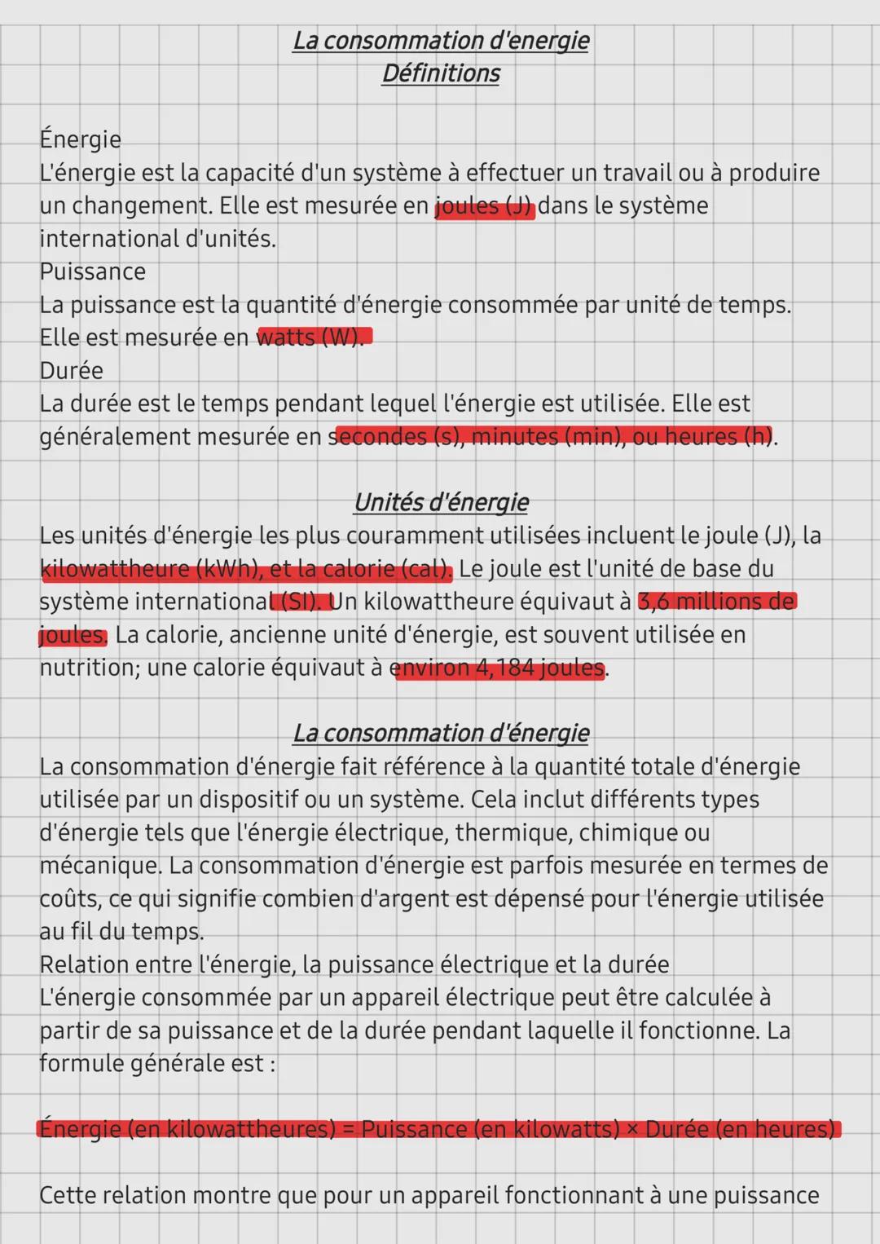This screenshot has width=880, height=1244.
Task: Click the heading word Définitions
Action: (441, 73)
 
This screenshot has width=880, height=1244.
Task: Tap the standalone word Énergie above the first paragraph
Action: (80, 139)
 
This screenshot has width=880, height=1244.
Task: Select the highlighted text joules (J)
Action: (485, 206)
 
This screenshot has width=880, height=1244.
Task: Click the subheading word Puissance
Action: (92, 271)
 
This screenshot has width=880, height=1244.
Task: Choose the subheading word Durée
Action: (72, 370)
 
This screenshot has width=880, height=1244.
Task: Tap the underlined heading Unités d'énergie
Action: (441, 502)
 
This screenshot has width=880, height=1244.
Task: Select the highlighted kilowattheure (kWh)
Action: (149, 569)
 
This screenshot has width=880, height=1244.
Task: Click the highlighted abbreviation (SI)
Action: (302, 602)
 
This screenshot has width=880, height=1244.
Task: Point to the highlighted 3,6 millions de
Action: (716, 602)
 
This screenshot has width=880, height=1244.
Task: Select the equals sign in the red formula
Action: (348, 1130)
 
